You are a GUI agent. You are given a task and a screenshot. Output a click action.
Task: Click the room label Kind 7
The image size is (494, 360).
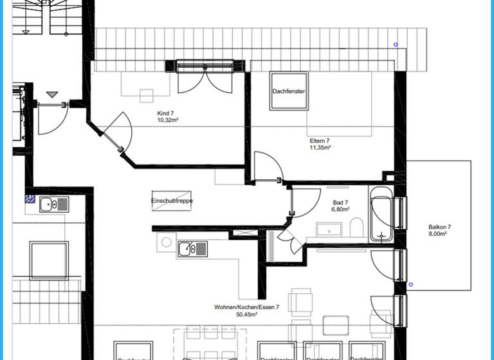(166, 113)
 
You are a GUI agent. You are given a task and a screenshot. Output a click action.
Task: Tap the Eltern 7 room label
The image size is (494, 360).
(320, 141)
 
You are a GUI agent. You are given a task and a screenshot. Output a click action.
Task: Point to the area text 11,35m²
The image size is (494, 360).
(320, 148)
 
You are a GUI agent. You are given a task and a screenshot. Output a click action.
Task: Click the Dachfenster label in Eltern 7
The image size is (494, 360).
(288, 91)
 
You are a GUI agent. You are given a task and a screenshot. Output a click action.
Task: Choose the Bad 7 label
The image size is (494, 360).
(340, 202)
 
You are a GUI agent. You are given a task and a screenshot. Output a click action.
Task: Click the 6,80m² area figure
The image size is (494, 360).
(340, 209)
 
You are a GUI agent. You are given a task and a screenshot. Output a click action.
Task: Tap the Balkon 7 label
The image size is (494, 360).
(440, 227)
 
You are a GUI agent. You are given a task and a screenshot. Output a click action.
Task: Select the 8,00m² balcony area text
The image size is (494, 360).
(440, 234)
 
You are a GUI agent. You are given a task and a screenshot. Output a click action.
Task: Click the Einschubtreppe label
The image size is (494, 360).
(172, 201)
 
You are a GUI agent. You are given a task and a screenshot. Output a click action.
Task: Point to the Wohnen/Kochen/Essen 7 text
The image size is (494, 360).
(246, 307)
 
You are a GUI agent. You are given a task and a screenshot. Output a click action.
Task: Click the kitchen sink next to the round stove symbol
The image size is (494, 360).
(192, 248)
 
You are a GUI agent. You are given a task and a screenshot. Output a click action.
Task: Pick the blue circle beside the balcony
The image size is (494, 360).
(410, 284)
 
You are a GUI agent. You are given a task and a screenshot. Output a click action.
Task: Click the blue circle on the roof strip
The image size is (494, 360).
(396, 45)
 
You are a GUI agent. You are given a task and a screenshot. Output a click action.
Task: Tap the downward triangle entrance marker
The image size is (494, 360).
(52, 94)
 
